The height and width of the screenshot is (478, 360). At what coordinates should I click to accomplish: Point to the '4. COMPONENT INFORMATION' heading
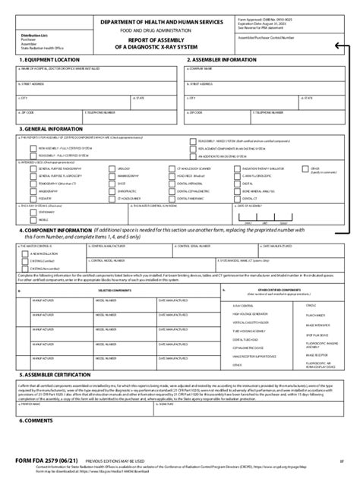click(46, 229)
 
